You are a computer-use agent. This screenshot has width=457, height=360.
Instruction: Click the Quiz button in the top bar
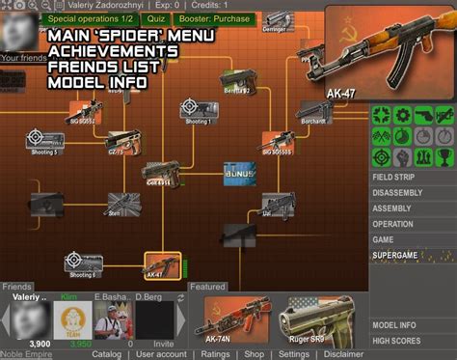[151, 18]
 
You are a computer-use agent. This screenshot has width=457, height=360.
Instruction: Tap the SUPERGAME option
[399, 255]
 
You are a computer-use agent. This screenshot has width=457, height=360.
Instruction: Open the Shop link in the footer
[254, 354]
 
